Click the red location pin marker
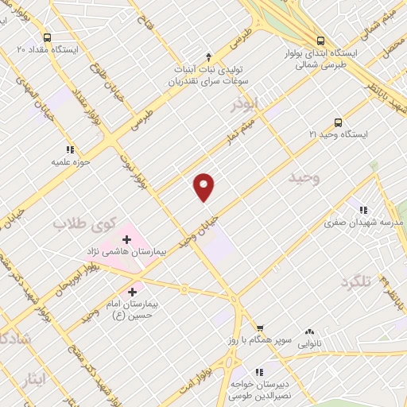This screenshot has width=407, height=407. coord(204,187)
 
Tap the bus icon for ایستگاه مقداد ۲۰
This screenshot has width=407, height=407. coord(48,37)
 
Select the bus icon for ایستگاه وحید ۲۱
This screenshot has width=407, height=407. coord(338,122)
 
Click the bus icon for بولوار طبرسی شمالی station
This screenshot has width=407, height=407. coord(320,40)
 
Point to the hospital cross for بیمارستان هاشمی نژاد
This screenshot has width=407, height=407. coord(126,238)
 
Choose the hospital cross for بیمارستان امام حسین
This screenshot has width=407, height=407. coord(131,292)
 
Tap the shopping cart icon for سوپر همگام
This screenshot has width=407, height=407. coord(259,328)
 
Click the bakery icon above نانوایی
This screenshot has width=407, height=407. coord(309,332)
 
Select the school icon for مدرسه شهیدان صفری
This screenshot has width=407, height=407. coord(362,210)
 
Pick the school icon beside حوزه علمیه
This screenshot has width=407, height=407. coord(70,149)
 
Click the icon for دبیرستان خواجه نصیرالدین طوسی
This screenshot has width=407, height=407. coord(259,371)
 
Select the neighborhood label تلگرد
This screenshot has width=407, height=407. coord(355,283)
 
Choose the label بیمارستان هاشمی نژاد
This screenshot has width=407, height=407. coord(126,251)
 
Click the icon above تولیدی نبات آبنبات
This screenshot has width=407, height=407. coord(208,56)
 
